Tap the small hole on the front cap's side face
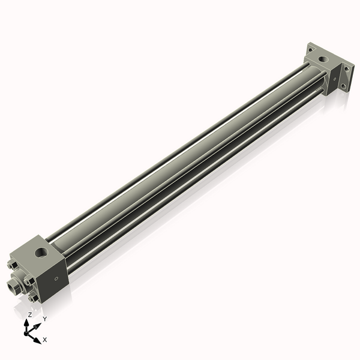pos(57,278)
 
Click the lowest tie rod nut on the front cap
pos(34,298)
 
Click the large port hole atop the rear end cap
pos(324,61)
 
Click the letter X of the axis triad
pos(45,340)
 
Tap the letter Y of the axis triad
pos(44,319)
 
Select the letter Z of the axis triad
pos(30,314)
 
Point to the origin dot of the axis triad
pos(28,331)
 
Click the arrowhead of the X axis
pos(38,340)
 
